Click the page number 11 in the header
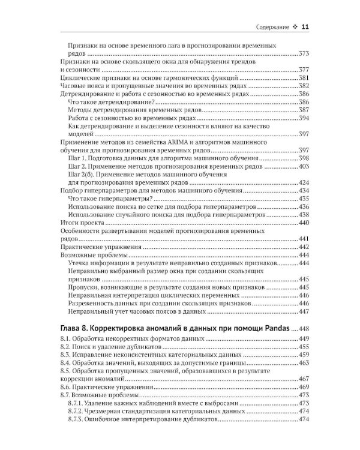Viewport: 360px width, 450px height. (x=305, y=26)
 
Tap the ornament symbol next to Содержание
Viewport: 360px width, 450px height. (x=295, y=27)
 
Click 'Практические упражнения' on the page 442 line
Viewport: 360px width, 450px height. (x=99, y=247)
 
